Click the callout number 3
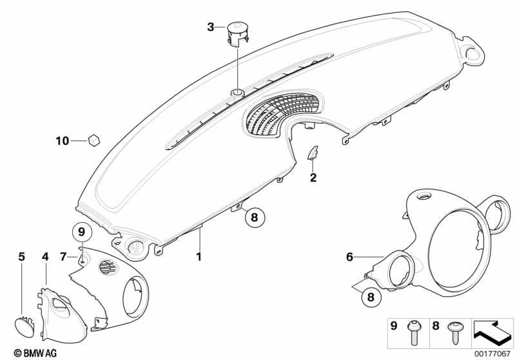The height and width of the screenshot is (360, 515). click(211, 27)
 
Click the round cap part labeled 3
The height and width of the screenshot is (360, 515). click(237, 32)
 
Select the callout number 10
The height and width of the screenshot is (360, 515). click(63, 141)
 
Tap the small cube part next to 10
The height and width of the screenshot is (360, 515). click(94, 140)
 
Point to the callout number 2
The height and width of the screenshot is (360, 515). click(313, 178)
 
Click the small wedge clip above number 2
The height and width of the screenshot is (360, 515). click(313, 153)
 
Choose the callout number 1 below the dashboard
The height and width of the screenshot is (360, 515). click(199, 256)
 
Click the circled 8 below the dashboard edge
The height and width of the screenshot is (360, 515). click(255, 216)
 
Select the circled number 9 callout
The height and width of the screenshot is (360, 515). click(81, 232)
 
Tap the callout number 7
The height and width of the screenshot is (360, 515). click(63, 256)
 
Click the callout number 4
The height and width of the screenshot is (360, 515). click(45, 256)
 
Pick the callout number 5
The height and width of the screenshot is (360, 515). click(21, 256)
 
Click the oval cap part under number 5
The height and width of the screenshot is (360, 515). click(24, 327)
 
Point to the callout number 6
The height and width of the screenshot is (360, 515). click(349, 256)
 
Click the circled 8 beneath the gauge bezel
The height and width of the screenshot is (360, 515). click(371, 298)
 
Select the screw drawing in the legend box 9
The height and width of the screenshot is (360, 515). click(413, 333)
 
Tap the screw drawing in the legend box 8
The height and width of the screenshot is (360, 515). click(454, 333)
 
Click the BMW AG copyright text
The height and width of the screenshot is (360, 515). click(35, 353)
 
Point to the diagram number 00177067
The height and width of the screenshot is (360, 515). click(492, 354)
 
